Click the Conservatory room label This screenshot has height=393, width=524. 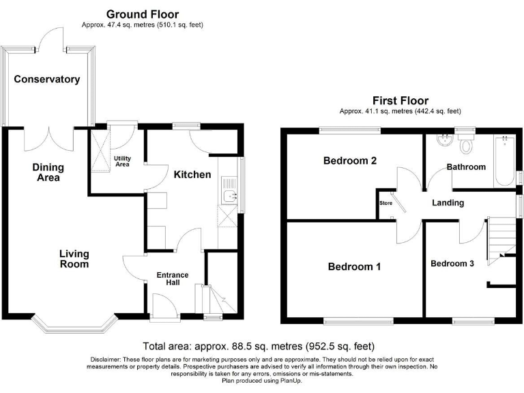[47, 79]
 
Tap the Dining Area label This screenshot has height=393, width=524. [48, 173]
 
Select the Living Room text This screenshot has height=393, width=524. [74, 259]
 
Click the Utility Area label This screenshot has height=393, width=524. [121, 161]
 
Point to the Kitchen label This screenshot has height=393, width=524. [192, 175]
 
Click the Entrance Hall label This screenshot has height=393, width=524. [173, 279]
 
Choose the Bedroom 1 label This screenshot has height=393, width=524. [354, 267]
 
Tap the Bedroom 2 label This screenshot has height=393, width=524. [350, 161]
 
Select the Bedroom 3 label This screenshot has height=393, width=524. [452, 263]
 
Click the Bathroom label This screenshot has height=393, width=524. [466, 167]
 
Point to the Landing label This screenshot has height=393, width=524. [448, 203]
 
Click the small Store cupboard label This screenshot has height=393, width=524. [385, 203]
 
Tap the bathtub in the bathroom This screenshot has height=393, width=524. [504, 161]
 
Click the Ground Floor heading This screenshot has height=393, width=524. [143, 14]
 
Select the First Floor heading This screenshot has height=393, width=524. [401, 100]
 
